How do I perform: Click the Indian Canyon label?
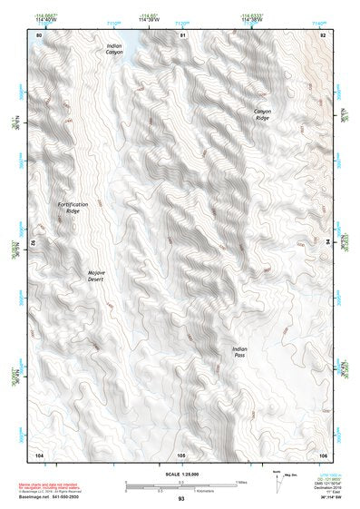point(114,49)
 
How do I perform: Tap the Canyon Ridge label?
point(261,114)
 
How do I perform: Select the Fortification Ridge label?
point(73,208)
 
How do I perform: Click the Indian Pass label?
point(238,352)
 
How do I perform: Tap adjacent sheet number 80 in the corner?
point(39,34)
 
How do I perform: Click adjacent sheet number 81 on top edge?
point(182,34)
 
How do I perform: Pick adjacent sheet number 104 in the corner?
point(39,453)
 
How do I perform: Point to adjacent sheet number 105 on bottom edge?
point(181,454)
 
